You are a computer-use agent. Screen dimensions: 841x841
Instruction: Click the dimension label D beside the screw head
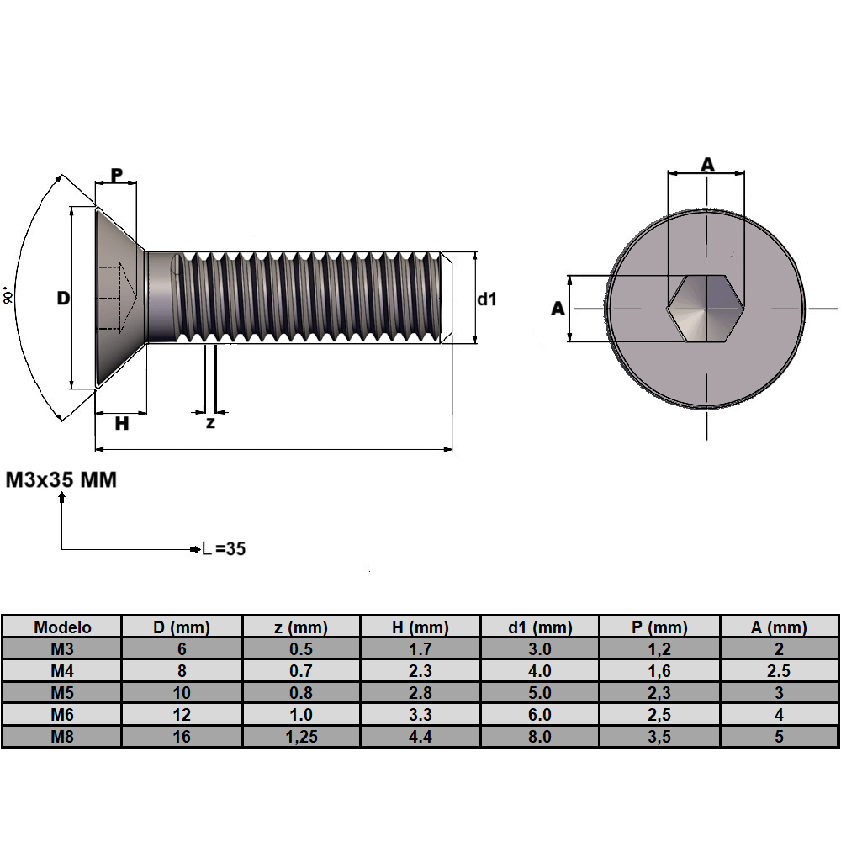(63, 299)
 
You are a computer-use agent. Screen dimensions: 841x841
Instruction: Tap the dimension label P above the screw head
(117, 174)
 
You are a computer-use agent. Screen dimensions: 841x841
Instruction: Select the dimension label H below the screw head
(122, 424)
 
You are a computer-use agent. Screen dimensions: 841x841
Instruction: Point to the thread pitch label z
(210, 423)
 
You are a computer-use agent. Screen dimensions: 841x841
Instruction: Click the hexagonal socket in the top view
(706, 308)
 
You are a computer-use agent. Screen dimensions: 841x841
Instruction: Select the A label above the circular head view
(707, 164)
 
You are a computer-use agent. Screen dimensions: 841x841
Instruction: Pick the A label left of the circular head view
(557, 309)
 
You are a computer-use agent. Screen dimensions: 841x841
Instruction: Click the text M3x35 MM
(61, 480)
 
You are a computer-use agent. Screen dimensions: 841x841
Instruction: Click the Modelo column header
(62, 627)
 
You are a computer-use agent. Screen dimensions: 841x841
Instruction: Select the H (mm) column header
(420, 627)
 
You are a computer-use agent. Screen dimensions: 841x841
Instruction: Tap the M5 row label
(62, 693)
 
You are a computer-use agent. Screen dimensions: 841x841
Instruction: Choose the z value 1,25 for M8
(300, 737)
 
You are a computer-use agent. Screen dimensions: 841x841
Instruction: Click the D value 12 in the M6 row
(182, 715)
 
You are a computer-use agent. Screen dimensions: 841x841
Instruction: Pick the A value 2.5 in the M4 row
(779, 671)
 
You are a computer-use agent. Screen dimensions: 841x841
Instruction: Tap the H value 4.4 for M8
(420, 737)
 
